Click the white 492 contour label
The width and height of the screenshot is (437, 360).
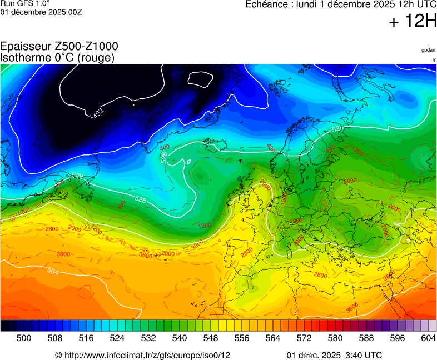pyautogui.click(x=98, y=113)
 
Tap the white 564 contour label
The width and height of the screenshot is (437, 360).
pyautogui.click(x=53, y=272)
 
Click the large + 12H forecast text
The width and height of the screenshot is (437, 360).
pyautogui.click(x=413, y=21)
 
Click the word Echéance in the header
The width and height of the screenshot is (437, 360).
pyautogui.click(x=266, y=4)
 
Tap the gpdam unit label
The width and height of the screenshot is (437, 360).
pyautogui.click(x=429, y=50)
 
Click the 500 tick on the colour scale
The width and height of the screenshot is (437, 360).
pyautogui.click(x=24, y=338)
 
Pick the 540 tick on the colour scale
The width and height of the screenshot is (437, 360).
pyautogui.click(x=180, y=338)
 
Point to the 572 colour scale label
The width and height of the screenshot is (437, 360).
pyautogui.click(x=304, y=338)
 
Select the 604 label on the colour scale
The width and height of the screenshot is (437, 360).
pyautogui.click(x=428, y=338)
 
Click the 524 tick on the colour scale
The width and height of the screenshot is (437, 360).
pyautogui.click(x=117, y=338)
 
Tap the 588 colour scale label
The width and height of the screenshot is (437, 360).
pyautogui.click(x=366, y=338)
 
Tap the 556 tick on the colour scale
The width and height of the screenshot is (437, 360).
pyautogui.click(x=242, y=338)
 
